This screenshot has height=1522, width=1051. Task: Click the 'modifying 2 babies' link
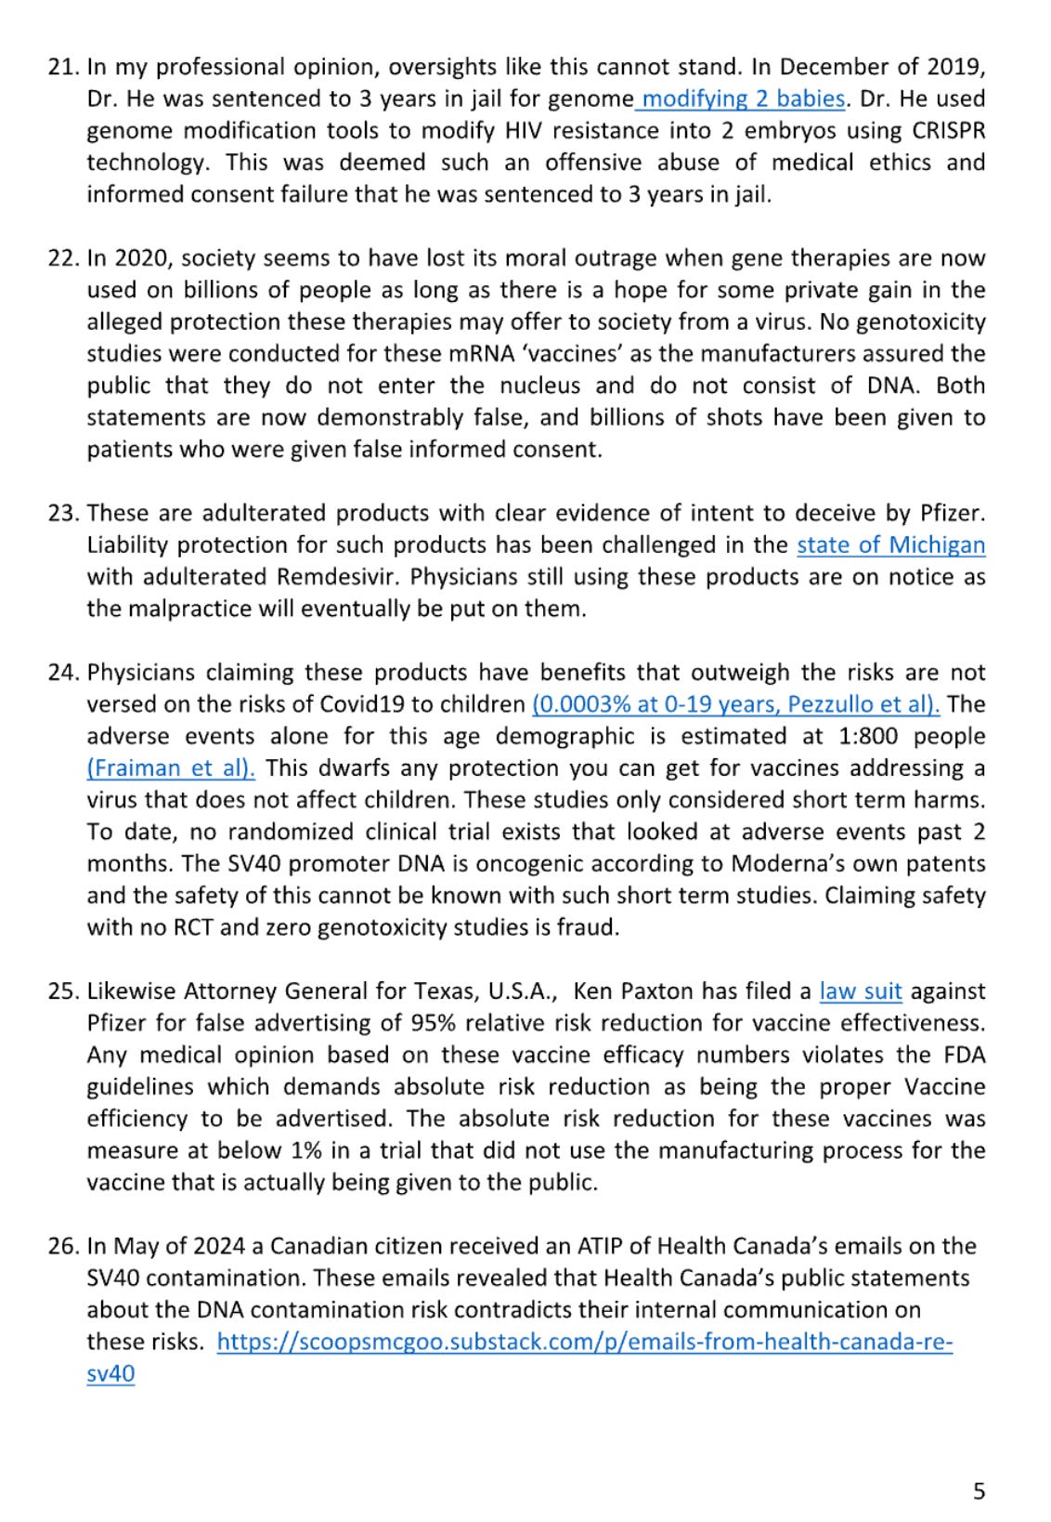[743, 98]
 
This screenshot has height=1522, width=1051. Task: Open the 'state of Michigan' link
[890, 545]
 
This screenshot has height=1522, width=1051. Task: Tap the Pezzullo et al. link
[735, 704]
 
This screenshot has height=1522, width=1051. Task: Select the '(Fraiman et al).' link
[171, 768]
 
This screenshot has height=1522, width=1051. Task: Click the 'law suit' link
[860, 991]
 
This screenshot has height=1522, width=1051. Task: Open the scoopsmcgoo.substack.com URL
[584, 1342]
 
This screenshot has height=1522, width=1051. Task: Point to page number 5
[979, 1491]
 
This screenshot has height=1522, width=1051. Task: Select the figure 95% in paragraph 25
[431, 1023]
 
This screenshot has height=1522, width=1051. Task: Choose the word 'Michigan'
[937, 545]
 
